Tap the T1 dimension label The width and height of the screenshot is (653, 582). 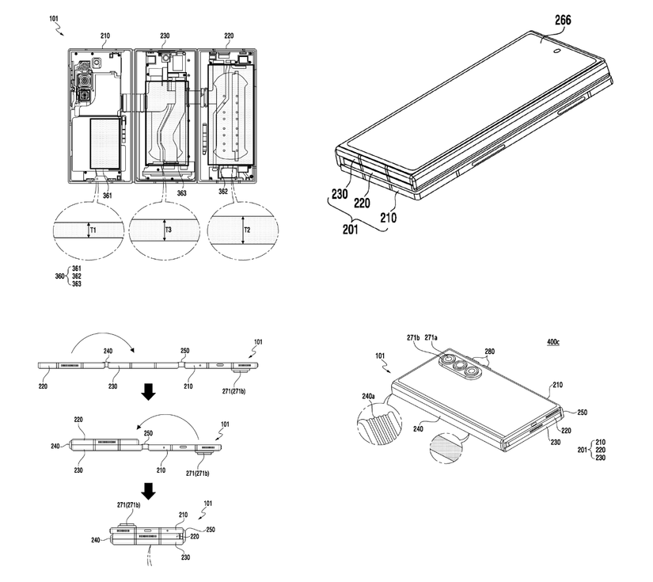93,230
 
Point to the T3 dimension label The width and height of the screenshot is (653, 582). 168,230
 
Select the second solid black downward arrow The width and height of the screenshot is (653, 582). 148,492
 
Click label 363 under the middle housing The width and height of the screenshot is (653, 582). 181,192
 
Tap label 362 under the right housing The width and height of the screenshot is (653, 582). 224,192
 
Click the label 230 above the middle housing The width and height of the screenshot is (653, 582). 165,36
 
